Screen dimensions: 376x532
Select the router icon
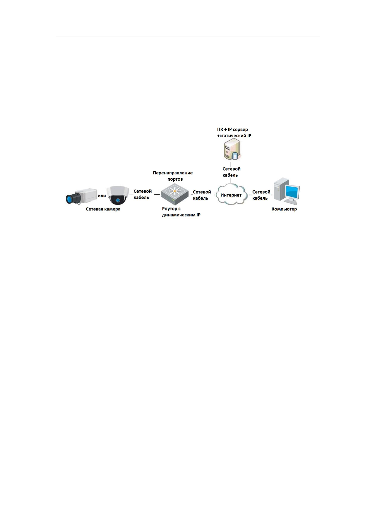pyautogui.click(x=175, y=195)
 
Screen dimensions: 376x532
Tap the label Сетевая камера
pyautogui.click(x=103, y=209)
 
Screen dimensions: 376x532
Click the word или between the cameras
pyautogui.click(x=102, y=196)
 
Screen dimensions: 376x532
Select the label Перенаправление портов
pyautogui.click(x=173, y=176)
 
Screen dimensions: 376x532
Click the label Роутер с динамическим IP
pyautogui.click(x=181, y=212)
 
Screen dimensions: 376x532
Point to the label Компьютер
pyautogui.click(x=284, y=209)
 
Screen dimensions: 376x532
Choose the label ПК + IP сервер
pyautogui.click(x=233, y=129)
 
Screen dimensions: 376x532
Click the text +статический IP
pyautogui.click(x=234, y=136)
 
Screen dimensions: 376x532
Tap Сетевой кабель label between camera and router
pyautogui.click(x=142, y=194)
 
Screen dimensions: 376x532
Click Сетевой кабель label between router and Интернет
pyautogui.click(x=202, y=195)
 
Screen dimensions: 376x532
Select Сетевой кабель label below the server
pyautogui.click(x=231, y=172)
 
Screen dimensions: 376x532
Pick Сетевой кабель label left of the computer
pyautogui.click(x=261, y=195)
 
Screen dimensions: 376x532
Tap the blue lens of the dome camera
pyautogui.click(x=118, y=200)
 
